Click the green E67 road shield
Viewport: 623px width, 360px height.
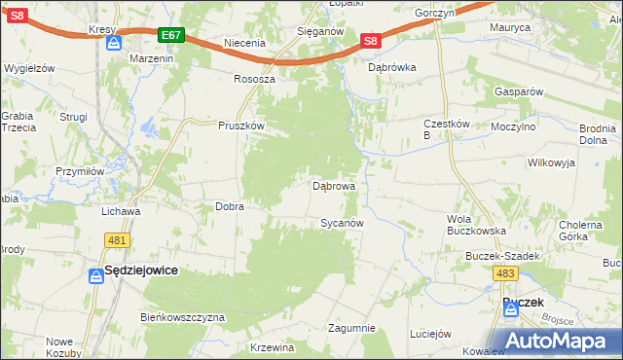pos(170,35)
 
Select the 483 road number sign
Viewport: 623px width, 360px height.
pos(504,275)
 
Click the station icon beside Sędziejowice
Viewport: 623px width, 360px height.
pos(96,276)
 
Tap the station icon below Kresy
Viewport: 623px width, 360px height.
pos(114,44)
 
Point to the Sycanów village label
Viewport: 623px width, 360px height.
pos(343,223)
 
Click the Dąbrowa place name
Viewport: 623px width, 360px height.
pos(333,185)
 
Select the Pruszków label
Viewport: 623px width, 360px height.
pos(241,126)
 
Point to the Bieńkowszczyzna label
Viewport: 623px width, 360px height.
pos(183,317)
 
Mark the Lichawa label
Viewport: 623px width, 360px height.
pos(122,210)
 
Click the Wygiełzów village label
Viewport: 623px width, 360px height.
pos(28,68)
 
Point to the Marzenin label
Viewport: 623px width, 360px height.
pos(151,58)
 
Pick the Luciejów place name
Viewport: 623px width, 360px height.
pos(432,333)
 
